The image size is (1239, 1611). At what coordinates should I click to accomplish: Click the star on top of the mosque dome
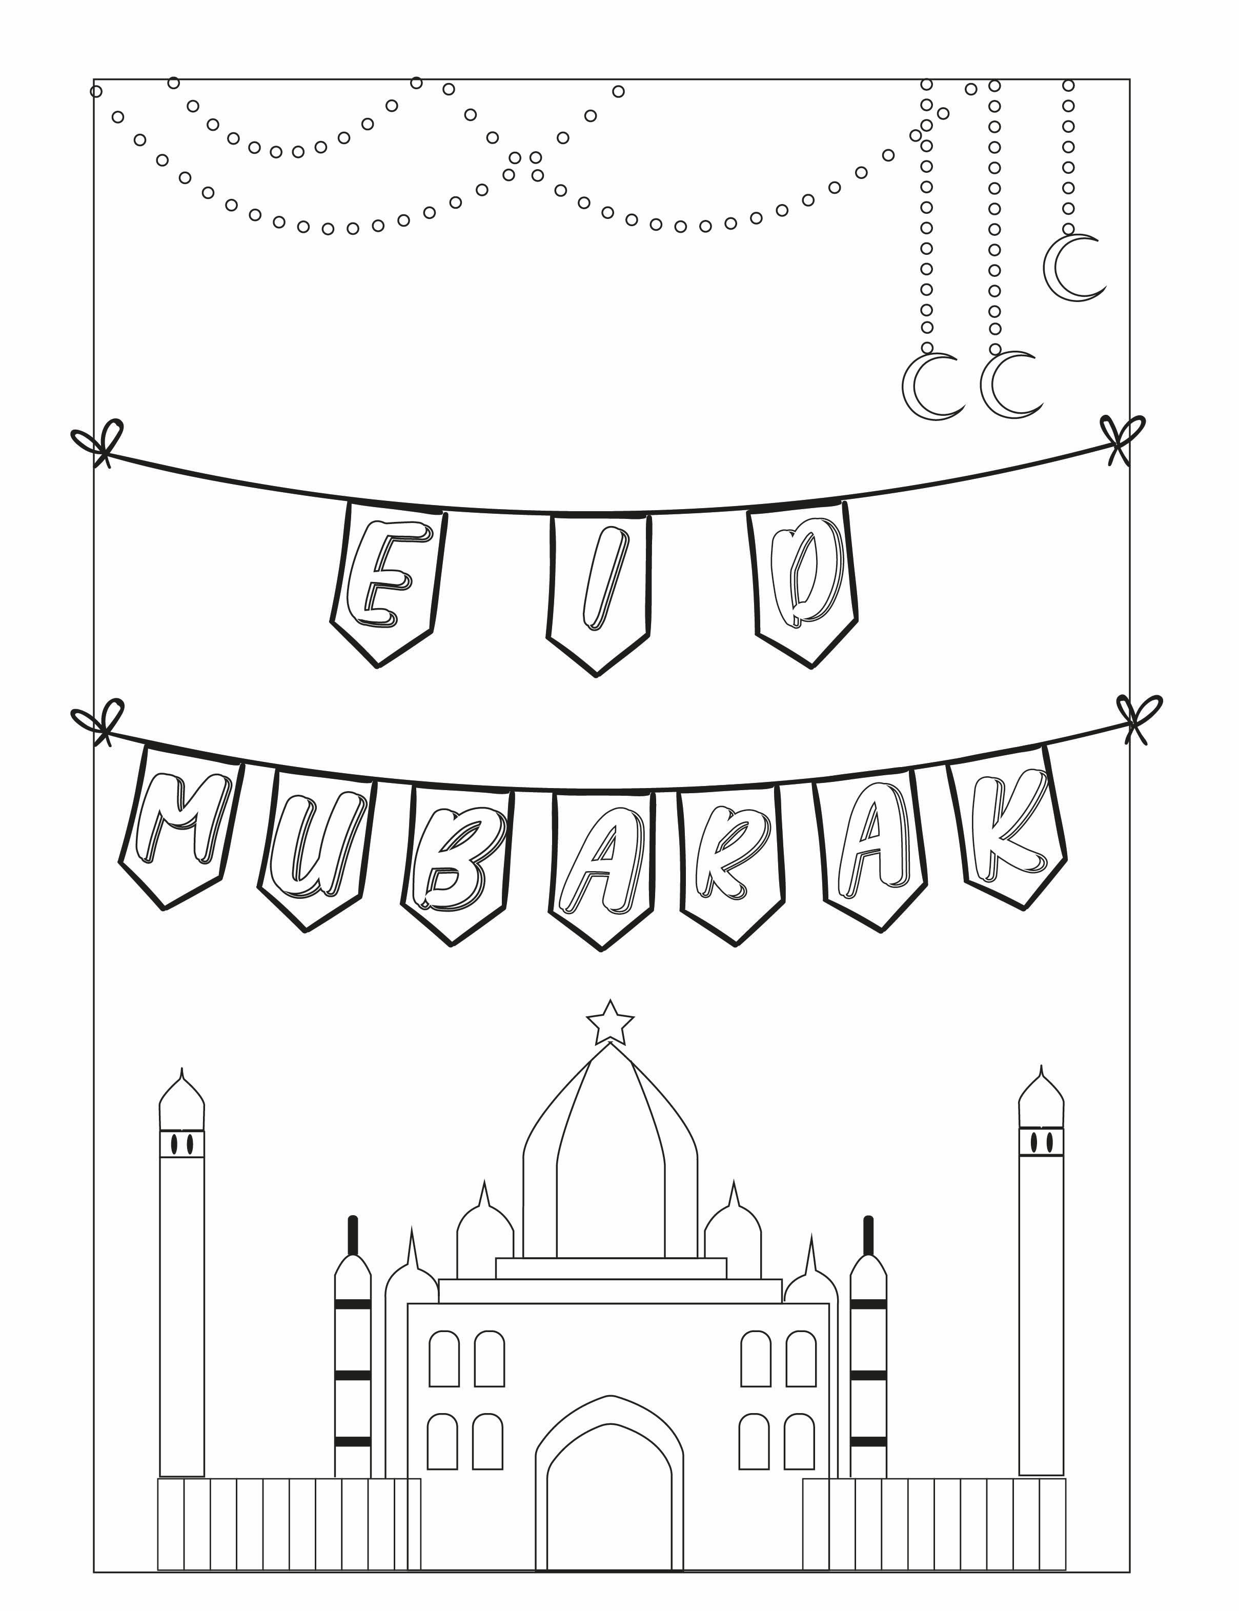610,1022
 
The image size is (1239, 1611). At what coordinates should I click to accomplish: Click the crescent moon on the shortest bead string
1074,268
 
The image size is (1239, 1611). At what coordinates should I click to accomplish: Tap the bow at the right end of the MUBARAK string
1139,718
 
